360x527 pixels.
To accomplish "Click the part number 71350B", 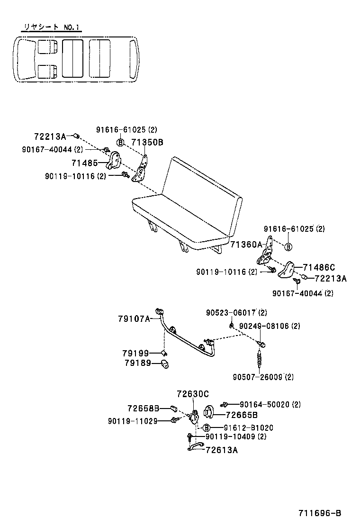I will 147,142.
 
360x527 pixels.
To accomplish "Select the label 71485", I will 84,163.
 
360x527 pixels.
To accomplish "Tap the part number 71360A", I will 246,245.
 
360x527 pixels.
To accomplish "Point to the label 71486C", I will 319,268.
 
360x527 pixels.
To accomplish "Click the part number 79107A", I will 134,319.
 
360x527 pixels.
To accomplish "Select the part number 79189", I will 136,363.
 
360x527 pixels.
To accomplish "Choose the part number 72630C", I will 192,394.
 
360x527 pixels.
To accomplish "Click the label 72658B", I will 143,408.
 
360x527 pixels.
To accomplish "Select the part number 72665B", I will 242,415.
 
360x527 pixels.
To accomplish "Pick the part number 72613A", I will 222,450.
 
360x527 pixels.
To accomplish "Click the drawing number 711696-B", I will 320,514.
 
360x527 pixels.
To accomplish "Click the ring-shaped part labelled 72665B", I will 208,412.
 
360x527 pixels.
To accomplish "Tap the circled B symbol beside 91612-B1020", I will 207,427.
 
